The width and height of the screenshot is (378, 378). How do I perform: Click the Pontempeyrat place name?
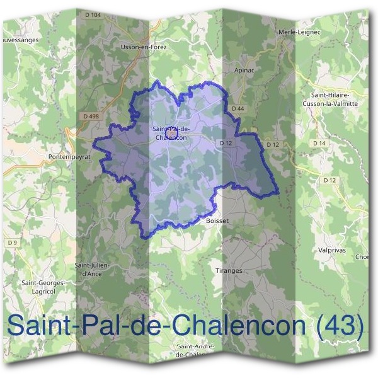70,156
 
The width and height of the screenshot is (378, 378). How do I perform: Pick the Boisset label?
216,221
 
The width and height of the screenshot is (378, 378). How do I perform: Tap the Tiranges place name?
229,270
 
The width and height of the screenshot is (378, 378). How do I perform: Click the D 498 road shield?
91,116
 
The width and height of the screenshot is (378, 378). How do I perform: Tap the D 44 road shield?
238,109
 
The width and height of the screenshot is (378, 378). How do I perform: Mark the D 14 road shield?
319,144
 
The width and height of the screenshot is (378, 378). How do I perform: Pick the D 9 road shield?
12,242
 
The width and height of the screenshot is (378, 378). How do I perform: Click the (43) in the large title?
341,325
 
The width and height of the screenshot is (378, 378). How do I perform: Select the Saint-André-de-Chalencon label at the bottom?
195,351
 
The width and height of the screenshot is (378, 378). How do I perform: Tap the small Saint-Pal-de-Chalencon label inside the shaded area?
170,134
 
